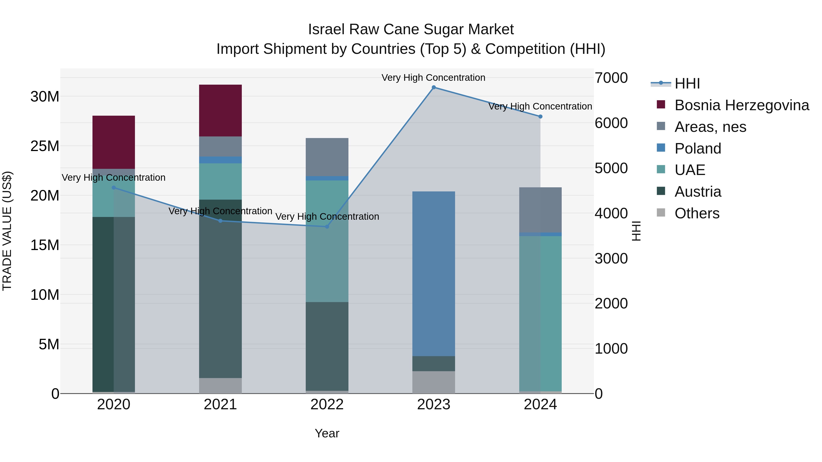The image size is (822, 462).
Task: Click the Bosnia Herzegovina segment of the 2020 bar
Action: pyautogui.click(x=114, y=142)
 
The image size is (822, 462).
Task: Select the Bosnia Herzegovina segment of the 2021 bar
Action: pyautogui.click(x=220, y=110)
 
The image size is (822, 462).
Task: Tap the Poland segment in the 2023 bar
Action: pyautogui.click(x=433, y=274)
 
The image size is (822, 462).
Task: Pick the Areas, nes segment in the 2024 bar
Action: pyautogui.click(x=540, y=210)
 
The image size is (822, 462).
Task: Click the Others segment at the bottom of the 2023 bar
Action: pyautogui.click(x=433, y=382)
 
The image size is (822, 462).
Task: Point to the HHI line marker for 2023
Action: pyautogui.click(x=433, y=87)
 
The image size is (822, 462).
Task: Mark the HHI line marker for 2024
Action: pyautogui.click(x=540, y=117)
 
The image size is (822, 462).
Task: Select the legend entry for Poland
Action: pyautogui.click(x=697, y=148)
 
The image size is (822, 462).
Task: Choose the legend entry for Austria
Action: pyautogui.click(x=697, y=192)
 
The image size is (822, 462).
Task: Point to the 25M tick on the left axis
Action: pyautogui.click(x=45, y=146)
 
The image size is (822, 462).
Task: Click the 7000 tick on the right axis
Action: pyautogui.click(x=611, y=78)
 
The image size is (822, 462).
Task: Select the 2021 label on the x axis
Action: pyautogui.click(x=220, y=405)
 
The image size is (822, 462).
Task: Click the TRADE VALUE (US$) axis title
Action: pyautogui.click(x=7, y=231)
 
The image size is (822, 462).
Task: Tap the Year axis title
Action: pyautogui.click(x=327, y=433)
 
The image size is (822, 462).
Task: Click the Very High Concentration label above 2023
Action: pyautogui.click(x=433, y=78)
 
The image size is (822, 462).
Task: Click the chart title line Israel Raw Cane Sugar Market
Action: pyautogui.click(x=411, y=29)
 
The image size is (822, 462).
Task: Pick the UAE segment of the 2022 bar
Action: pyautogui.click(x=327, y=241)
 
